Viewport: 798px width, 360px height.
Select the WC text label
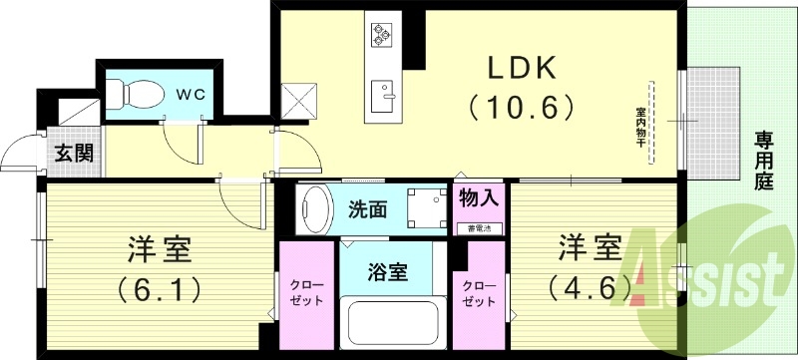(x=192, y=94)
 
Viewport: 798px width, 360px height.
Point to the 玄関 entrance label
(x=73, y=154)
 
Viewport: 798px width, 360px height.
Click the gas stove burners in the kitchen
(x=381, y=35)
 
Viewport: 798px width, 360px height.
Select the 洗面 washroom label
(x=367, y=209)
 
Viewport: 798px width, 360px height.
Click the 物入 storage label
(x=478, y=199)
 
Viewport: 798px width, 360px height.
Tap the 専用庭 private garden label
(x=764, y=160)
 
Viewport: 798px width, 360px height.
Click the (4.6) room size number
(x=590, y=288)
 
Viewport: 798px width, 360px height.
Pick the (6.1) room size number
(x=159, y=289)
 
